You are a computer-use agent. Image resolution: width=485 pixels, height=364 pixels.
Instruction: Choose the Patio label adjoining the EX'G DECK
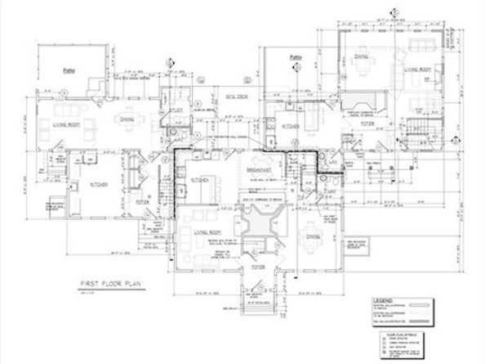point(296,57)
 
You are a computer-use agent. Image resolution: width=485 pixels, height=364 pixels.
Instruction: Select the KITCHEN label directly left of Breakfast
point(200,178)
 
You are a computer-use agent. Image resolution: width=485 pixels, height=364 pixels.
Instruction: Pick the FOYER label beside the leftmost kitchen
point(140,200)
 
